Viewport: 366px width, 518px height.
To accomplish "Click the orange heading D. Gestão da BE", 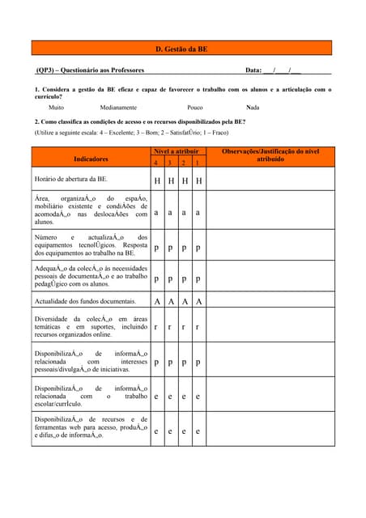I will coord(181,49).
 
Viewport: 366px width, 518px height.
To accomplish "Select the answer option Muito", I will coord(56,107).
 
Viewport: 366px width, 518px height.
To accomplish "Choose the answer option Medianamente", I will coord(118,107).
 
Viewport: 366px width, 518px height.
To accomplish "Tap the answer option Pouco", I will coord(195,107).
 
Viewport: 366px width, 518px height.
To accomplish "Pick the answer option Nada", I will coord(253,107).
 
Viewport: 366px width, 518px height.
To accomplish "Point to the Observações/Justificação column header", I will coord(270,155).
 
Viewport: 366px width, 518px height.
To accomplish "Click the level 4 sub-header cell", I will coord(156,163).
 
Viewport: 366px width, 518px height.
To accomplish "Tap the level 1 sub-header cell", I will coord(198,163).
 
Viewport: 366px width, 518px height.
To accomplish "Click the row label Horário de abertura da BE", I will coord(70,179).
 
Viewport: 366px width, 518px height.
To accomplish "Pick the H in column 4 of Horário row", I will coord(156,180).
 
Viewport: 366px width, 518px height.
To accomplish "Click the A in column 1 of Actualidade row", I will coord(198,301).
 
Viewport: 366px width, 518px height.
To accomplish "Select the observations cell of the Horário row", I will coord(270,180).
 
